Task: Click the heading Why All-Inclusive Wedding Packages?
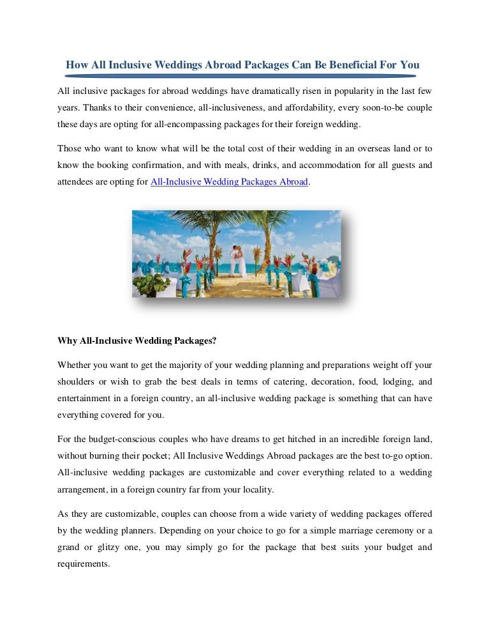(x=137, y=340)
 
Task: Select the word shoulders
(x=77, y=381)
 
